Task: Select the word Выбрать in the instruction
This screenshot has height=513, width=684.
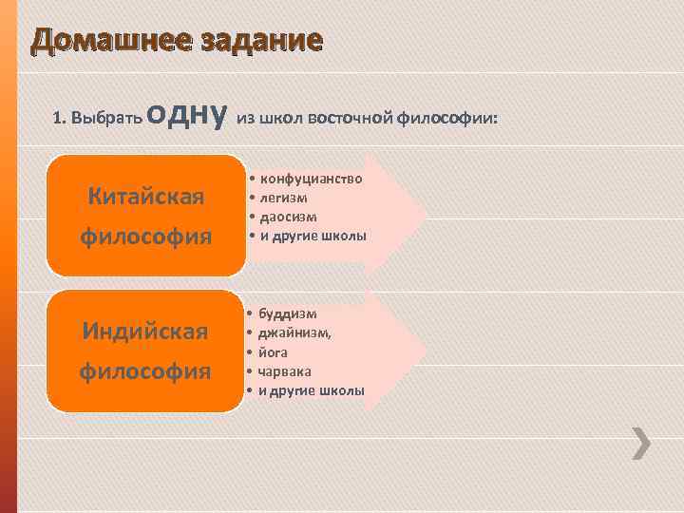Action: [106, 119]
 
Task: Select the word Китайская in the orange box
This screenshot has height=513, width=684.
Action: [145, 198]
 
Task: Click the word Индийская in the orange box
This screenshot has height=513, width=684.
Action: [145, 333]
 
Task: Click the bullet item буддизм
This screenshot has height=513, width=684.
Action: [288, 313]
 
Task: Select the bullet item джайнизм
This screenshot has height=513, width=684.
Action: [295, 332]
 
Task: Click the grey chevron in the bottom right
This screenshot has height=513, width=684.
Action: [643, 444]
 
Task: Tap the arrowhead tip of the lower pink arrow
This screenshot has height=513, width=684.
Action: [426, 350]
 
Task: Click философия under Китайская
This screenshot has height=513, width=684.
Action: [145, 234]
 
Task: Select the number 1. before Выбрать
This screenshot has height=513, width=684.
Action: [59, 119]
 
